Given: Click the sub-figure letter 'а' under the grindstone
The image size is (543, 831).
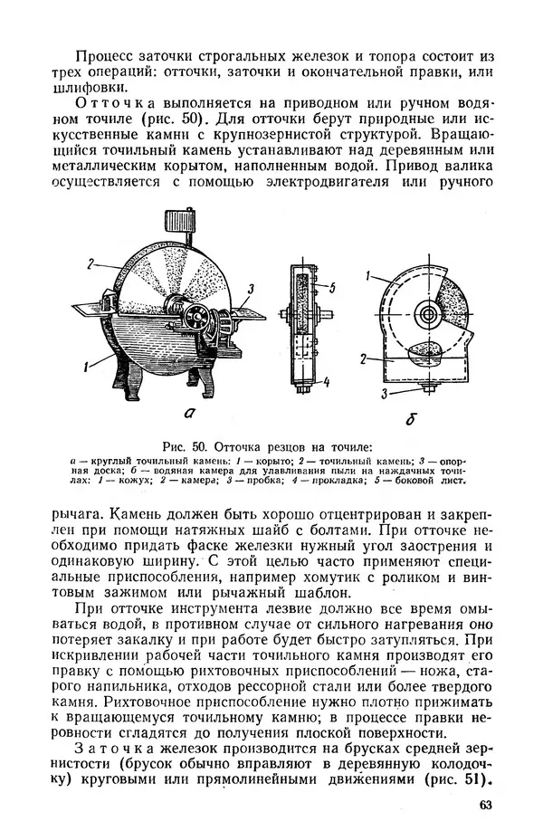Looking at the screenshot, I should [x=191, y=413].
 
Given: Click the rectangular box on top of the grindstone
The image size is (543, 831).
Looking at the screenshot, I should [x=184, y=224].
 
